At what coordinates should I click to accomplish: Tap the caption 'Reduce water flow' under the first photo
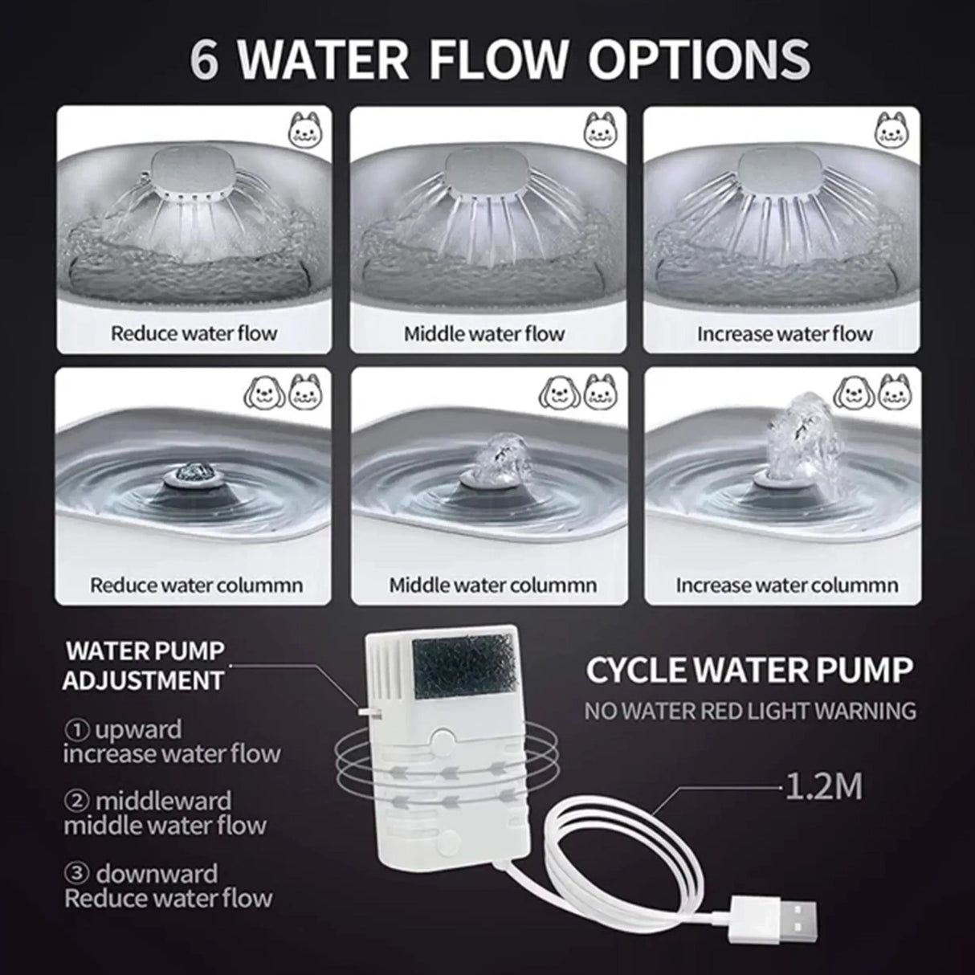[x=194, y=334]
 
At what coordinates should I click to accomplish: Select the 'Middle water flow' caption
[x=484, y=334]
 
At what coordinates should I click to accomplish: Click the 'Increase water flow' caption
[x=785, y=334]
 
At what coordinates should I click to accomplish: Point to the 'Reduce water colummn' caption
[x=196, y=585]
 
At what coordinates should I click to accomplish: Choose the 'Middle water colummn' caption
[x=493, y=585]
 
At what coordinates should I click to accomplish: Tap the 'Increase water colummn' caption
[x=787, y=585]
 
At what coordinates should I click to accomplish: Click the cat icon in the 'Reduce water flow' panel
[x=304, y=131]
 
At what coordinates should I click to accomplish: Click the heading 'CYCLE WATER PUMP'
[x=749, y=670]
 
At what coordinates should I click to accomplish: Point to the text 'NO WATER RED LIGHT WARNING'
[x=750, y=711]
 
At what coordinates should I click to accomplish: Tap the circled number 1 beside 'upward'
[x=76, y=730]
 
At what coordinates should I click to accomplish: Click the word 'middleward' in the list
[x=163, y=801]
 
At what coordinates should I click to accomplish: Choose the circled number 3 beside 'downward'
[x=76, y=874]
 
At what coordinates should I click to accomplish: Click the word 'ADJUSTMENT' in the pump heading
[x=143, y=680]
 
